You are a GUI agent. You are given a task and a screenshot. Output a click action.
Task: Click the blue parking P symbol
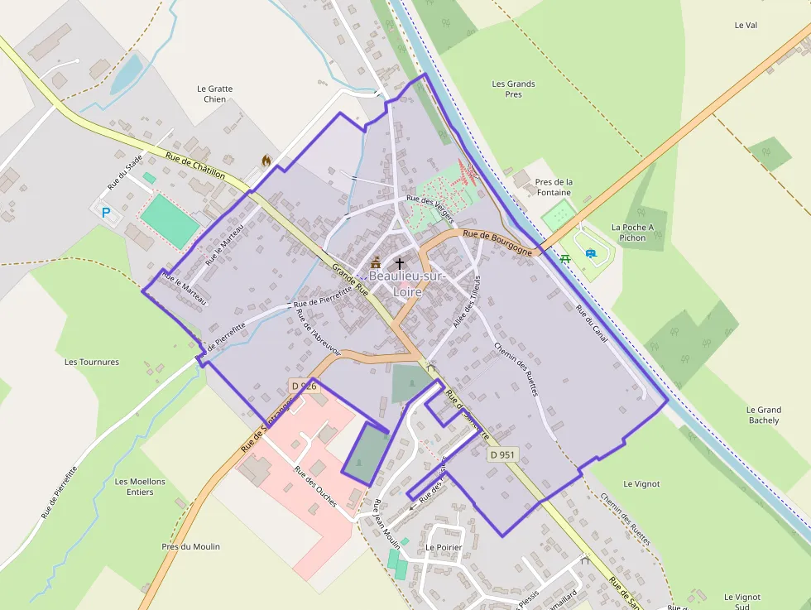click(x=106, y=213)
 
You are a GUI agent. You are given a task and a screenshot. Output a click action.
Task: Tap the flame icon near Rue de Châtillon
click(x=266, y=161)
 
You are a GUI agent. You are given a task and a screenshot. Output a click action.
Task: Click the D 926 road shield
click(x=304, y=386)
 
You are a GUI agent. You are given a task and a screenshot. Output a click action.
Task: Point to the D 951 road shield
click(x=502, y=454)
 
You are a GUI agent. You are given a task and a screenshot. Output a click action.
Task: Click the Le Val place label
click(x=746, y=26)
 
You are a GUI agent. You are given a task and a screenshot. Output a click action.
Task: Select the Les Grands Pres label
click(x=513, y=89)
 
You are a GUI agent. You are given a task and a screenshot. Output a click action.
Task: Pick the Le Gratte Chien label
click(x=214, y=94)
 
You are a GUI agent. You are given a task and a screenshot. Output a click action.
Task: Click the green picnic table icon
click(x=565, y=258)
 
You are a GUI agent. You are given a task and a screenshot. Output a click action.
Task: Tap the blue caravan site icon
click(x=590, y=253)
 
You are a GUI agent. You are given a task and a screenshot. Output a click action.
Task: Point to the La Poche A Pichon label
click(x=632, y=233)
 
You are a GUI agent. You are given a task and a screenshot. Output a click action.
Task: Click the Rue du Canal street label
click(x=593, y=323)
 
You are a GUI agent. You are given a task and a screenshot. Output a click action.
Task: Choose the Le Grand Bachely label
click(x=763, y=415)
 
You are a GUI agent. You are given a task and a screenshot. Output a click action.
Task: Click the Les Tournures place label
click(x=92, y=362)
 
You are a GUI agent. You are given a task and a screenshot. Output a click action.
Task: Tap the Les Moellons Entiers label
click(x=140, y=487)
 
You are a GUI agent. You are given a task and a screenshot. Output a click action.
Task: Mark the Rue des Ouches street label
click(x=315, y=487)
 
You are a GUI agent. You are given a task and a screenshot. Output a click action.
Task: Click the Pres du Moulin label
click(x=190, y=546)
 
